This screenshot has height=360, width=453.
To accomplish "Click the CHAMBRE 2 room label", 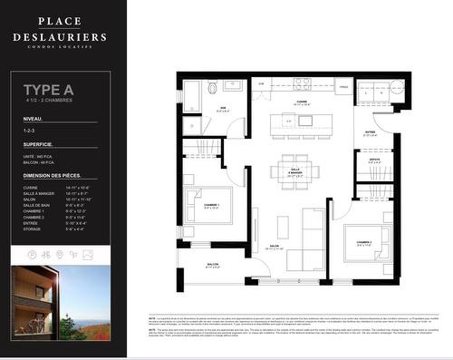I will tap(364, 242).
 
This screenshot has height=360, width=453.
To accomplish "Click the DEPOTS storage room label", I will tap(374, 161).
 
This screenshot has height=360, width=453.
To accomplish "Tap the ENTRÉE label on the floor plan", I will tap(370, 132).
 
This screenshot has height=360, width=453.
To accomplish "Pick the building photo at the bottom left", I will tap(60, 299).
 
